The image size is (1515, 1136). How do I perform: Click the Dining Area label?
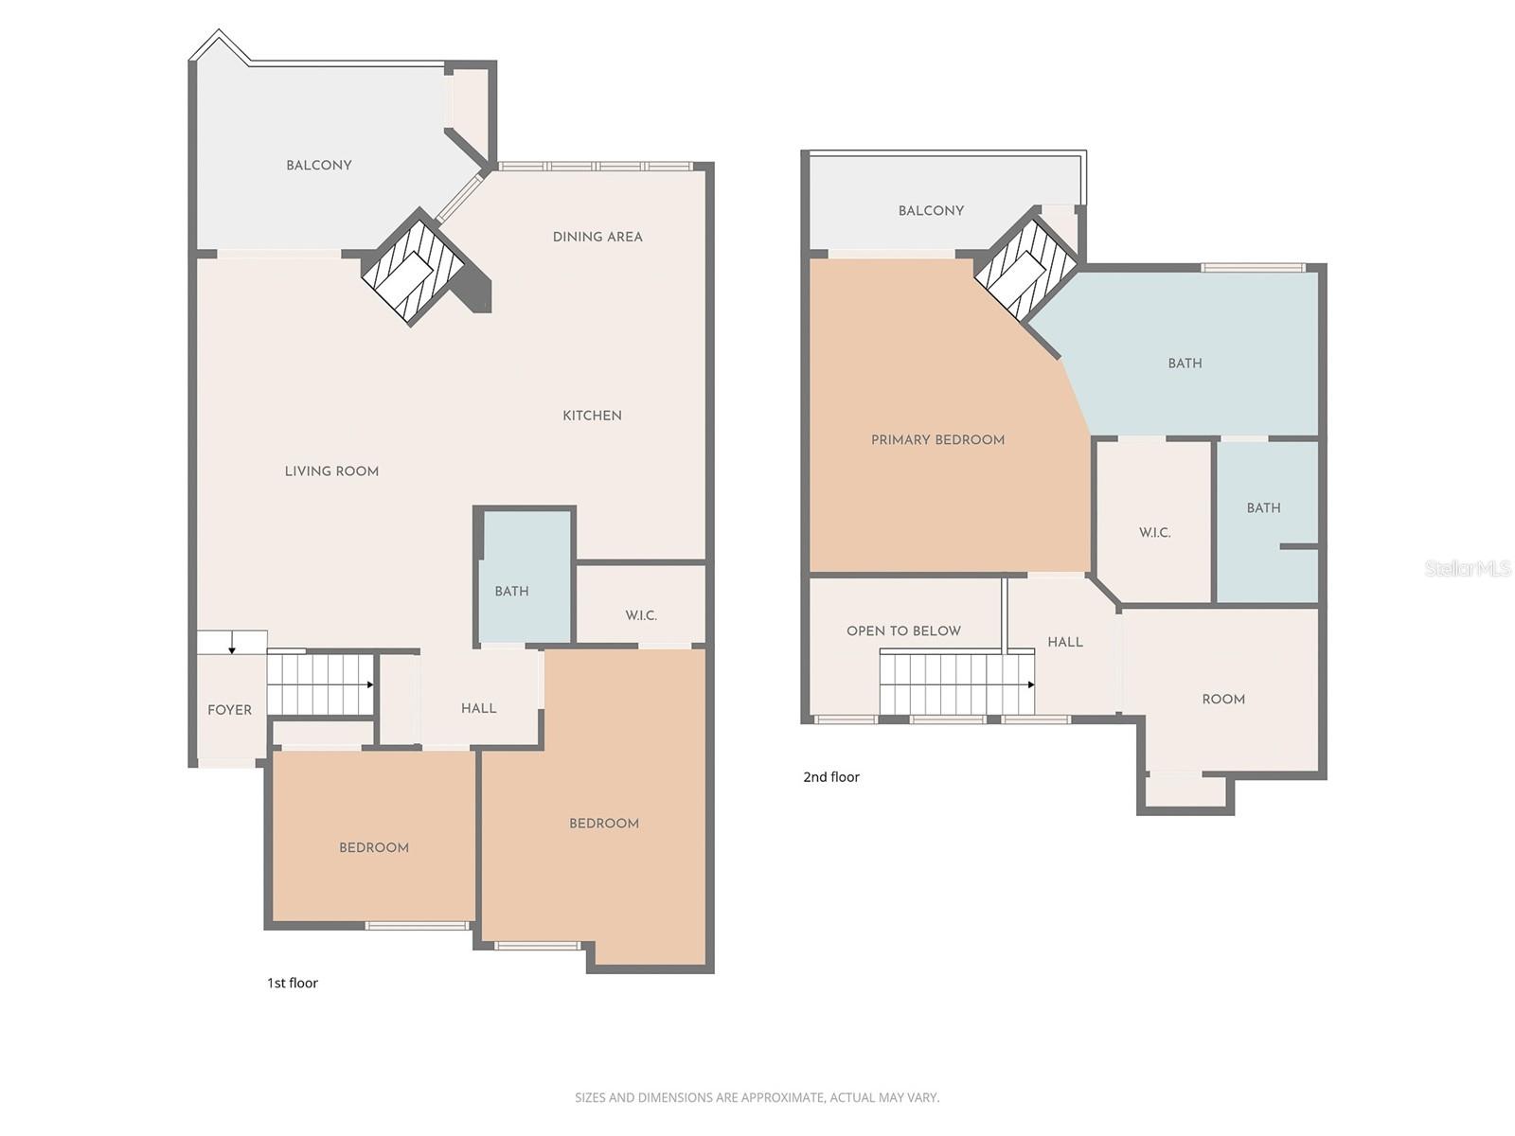597,237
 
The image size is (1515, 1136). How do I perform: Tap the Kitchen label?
592,416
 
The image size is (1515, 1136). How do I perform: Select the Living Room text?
331,471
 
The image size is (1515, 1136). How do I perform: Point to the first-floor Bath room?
524,577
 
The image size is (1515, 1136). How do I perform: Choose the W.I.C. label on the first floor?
641,615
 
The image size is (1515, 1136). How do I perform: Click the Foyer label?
229,710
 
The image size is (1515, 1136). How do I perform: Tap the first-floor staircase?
320,684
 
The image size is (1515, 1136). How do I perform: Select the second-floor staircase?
956,683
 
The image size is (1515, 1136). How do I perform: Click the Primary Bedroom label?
937,440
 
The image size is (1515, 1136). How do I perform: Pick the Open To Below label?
903,631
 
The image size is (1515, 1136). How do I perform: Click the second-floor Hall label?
1065,642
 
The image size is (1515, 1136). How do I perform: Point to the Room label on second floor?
1223,700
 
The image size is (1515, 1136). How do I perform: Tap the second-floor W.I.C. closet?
1154,533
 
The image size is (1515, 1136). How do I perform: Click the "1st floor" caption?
292,983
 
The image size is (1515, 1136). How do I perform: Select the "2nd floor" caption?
831,777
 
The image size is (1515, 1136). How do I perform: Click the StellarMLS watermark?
1467,568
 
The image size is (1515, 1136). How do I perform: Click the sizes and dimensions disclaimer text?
757,1097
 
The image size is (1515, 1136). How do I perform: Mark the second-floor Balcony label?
931,211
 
